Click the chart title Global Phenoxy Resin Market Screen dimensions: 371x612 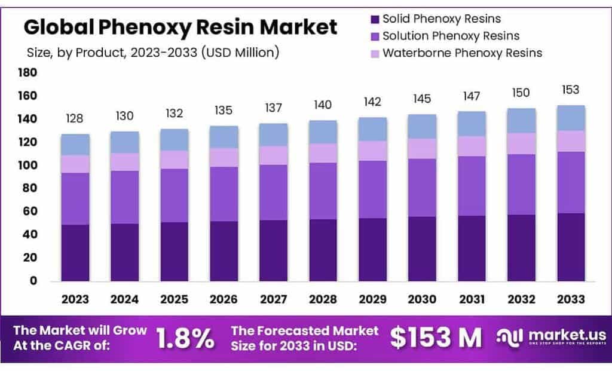[x=180, y=27]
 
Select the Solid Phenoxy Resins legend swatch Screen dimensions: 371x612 [x=374, y=19]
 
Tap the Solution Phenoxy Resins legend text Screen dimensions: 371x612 [x=451, y=36]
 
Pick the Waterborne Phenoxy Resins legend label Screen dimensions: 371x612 [x=462, y=53]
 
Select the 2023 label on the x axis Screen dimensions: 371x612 [x=75, y=299]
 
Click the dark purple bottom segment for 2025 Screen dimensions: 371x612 [x=174, y=252]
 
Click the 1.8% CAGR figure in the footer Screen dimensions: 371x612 [x=185, y=338]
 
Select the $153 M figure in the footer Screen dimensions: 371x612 [x=436, y=338]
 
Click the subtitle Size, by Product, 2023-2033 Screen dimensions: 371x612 [x=153, y=53]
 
